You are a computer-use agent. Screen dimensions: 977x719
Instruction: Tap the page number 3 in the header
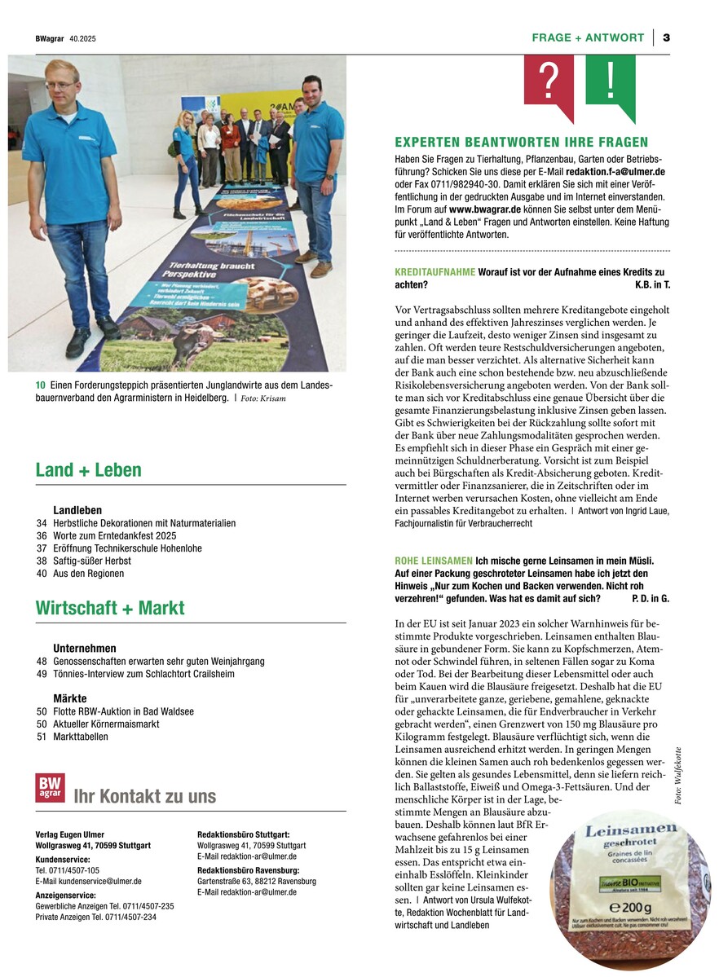point(666,37)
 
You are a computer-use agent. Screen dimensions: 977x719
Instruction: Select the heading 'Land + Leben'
point(88,470)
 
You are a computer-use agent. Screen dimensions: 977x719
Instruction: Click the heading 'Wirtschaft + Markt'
point(110,608)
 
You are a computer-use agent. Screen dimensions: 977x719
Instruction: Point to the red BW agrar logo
point(50,788)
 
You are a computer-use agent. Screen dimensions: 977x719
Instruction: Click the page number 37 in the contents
point(42,548)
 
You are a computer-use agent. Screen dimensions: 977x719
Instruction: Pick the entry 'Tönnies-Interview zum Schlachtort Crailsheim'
point(143,674)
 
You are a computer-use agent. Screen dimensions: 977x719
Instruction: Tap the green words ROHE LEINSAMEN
point(433,561)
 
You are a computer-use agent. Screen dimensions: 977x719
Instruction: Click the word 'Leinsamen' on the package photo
point(620,833)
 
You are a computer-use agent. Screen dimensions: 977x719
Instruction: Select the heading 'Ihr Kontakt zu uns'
point(145,796)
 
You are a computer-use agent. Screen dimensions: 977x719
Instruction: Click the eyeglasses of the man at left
point(60,85)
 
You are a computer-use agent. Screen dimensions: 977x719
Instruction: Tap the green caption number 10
point(40,385)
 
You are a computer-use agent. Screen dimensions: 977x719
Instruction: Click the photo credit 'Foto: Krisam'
point(264,398)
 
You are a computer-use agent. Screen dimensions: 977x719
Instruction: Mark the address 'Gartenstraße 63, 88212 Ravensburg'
point(257,881)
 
